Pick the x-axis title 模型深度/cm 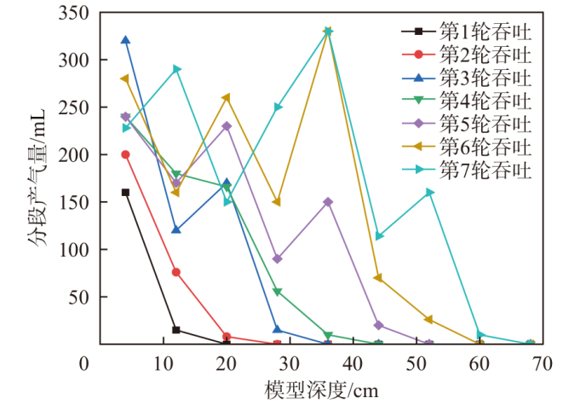click(x=321, y=389)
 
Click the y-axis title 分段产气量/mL click(x=37, y=179)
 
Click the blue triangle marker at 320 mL click(x=125, y=40)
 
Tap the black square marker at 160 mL click(x=125, y=192)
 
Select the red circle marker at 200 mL click(x=125, y=154)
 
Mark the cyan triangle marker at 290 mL click(x=176, y=69)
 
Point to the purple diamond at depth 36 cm click(x=328, y=202)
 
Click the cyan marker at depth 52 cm click(x=429, y=192)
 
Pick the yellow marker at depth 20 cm click(x=227, y=97)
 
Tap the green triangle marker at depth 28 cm click(x=278, y=291)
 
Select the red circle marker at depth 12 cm click(x=176, y=272)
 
